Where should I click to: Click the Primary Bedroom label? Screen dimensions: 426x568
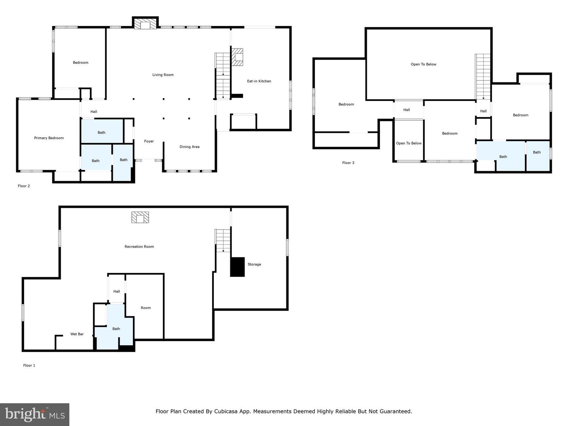pyautogui.click(x=49, y=138)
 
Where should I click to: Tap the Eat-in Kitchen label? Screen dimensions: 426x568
pyautogui.click(x=259, y=81)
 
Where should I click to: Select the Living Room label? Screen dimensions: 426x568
pyautogui.click(x=163, y=75)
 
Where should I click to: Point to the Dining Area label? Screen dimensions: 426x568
pyautogui.click(x=189, y=147)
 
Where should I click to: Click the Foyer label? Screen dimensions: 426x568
pyautogui.click(x=149, y=141)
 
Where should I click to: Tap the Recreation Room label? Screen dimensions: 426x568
pyautogui.click(x=139, y=247)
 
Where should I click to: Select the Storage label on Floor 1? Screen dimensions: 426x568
pyautogui.click(x=254, y=264)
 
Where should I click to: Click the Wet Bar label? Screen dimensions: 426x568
pyautogui.click(x=77, y=334)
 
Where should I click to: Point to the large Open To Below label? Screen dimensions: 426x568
pyautogui.click(x=423, y=64)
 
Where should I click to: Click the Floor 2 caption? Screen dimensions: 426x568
pyautogui.click(x=24, y=186)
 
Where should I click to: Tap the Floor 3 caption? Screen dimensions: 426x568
pyautogui.click(x=348, y=163)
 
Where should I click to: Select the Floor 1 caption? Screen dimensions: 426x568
pyautogui.click(x=29, y=365)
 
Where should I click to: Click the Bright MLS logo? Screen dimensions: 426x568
pyautogui.click(x=35, y=414)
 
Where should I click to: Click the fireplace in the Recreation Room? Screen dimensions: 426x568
pyautogui.click(x=140, y=217)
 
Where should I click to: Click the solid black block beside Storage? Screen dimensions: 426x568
pyautogui.click(x=237, y=267)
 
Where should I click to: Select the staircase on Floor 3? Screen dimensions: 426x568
pyautogui.click(x=483, y=77)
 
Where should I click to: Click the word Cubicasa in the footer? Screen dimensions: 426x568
pyautogui.click(x=226, y=411)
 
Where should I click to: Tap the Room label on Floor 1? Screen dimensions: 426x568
pyautogui.click(x=146, y=308)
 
